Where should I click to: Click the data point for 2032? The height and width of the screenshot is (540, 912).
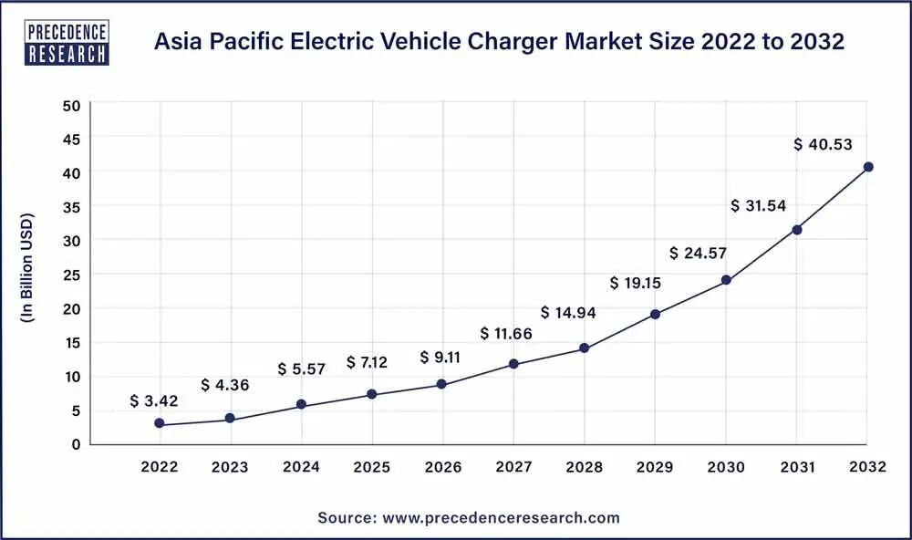point(868,167)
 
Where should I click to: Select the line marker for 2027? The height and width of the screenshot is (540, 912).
point(513,364)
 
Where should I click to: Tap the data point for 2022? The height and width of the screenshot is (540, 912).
point(160,423)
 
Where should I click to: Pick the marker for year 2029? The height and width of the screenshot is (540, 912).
point(656,315)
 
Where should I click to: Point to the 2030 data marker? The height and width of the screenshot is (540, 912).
point(726,280)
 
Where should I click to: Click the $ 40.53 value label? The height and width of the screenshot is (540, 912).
point(823,144)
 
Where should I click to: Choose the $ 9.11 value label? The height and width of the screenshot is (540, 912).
point(440,357)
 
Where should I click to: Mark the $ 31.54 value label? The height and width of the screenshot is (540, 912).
point(759,206)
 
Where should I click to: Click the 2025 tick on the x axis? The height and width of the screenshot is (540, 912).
point(372,468)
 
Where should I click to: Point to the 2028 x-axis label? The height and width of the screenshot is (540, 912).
point(585,468)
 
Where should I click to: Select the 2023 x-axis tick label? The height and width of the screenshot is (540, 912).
point(230,468)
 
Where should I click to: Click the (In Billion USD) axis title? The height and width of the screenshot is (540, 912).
point(27,268)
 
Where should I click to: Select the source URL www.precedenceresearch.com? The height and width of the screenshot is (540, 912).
point(501,518)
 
